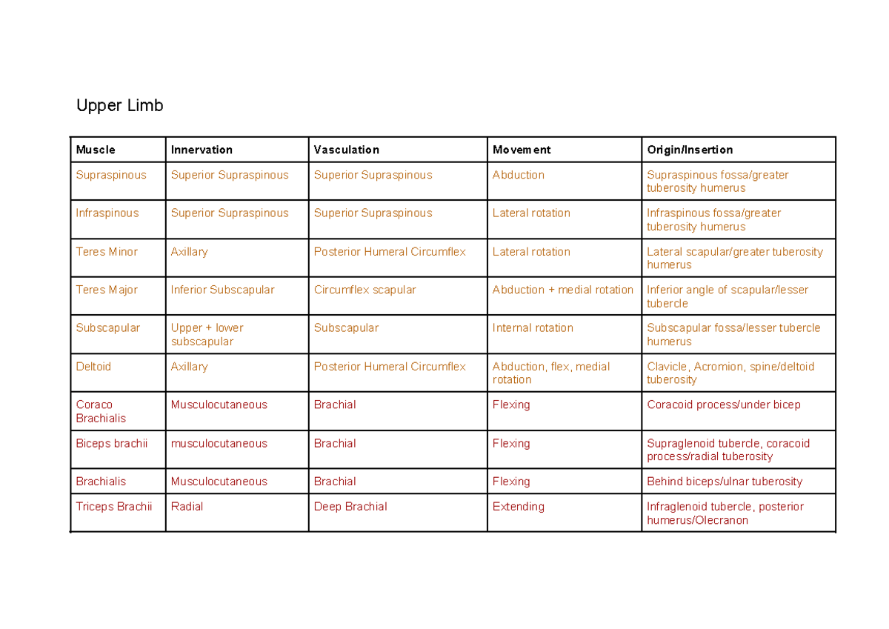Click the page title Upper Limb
(x=119, y=106)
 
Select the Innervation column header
(x=202, y=150)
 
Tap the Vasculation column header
(x=346, y=150)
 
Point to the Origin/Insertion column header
(x=690, y=150)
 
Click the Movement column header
(x=522, y=150)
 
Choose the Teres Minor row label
(x=107, y=252)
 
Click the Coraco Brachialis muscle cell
(x=101, y=411)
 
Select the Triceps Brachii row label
(x=114, y=507)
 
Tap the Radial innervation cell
(x=187, y=507)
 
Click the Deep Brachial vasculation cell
(x=350, y=507)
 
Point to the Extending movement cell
(x=519, y=507)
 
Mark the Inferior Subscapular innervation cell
(x=222, y=290)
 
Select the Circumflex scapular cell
(x=364, y=290)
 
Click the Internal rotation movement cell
(x=533, y=328)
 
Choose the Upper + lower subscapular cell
(x=207, y=335)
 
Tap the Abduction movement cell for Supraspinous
(x=519, y=176)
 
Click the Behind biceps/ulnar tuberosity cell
(x=725, y=482)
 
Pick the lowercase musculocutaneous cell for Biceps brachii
(x=219, y=444)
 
